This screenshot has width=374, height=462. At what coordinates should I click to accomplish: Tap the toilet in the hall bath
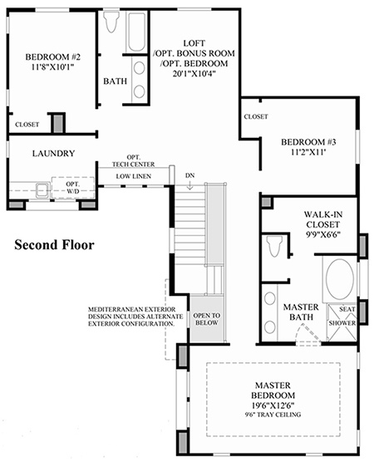coord(111,22)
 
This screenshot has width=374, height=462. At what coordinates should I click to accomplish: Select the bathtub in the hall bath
coord(136,32)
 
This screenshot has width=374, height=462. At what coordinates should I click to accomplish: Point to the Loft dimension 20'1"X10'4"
coord(194,74)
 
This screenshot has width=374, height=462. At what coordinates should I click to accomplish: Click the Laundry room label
coord(53,154)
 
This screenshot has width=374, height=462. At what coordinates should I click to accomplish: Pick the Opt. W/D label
coord(72,188)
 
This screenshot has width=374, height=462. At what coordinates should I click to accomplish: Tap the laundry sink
coord(42,190)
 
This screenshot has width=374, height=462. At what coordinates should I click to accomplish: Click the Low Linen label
coord(134,176)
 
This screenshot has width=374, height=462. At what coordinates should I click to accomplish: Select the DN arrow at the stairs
coord(190,185)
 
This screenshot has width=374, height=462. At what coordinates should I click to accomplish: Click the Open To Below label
coord(207,319)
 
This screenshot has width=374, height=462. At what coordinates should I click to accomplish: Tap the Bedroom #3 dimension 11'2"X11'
coord(308,152)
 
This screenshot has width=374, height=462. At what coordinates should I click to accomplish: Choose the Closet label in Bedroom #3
coord(256,116)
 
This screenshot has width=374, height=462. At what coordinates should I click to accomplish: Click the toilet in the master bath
coord(273,246)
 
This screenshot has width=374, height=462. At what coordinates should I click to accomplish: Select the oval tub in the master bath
coord(340,279)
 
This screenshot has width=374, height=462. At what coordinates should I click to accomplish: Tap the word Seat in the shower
coord(347,309)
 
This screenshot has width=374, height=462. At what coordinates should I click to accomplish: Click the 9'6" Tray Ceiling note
coord(273,415)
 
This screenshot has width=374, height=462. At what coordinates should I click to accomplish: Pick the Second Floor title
coord(55,245)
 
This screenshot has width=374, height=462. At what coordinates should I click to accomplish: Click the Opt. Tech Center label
coord(134,161)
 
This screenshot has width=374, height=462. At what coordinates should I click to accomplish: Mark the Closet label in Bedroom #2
coord(27,125)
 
